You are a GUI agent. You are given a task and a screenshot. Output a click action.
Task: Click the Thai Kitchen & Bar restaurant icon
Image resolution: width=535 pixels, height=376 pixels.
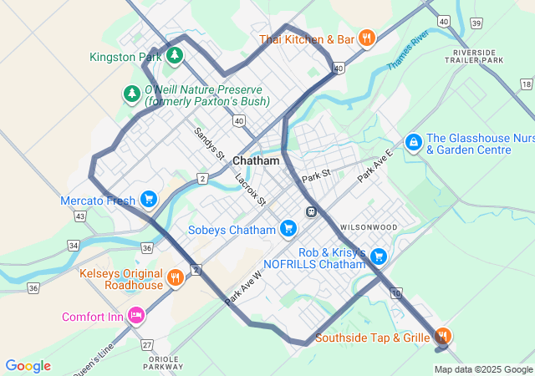366,38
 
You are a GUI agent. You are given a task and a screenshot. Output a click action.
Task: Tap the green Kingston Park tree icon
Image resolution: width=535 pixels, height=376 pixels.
174,56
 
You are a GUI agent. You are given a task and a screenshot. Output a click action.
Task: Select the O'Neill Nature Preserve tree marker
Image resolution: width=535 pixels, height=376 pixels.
131,94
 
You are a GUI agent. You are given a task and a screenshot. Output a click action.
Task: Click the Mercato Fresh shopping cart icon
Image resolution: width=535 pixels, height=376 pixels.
148,199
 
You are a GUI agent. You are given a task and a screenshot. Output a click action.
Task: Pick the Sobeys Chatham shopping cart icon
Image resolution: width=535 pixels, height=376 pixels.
288,228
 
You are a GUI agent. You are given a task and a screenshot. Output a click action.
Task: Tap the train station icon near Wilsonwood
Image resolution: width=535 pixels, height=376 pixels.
312,211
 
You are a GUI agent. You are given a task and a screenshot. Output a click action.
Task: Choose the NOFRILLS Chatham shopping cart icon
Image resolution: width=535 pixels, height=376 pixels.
379,257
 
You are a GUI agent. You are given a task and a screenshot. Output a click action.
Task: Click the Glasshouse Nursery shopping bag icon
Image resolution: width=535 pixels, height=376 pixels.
413,143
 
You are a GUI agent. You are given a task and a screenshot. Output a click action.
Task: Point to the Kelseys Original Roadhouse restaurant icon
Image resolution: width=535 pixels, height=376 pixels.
175,277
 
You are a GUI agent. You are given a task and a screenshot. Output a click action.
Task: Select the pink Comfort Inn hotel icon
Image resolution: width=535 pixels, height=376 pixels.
136,315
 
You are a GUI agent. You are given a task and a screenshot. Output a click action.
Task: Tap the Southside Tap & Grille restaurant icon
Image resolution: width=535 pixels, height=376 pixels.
442,337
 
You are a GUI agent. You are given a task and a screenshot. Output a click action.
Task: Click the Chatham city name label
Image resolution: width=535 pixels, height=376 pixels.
256,160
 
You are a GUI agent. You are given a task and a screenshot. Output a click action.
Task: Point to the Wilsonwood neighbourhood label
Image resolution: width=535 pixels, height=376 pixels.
368,227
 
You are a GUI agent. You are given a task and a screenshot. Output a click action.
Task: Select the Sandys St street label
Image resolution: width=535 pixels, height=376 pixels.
210,143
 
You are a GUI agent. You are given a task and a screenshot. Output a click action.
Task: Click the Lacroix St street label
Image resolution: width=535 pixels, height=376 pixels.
250,190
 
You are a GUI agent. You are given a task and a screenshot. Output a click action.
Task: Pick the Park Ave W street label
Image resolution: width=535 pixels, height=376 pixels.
243,287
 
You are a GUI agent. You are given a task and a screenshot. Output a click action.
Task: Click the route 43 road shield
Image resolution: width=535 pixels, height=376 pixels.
79,216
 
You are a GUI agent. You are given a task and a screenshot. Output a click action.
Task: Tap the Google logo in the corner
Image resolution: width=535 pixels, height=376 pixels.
28,366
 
